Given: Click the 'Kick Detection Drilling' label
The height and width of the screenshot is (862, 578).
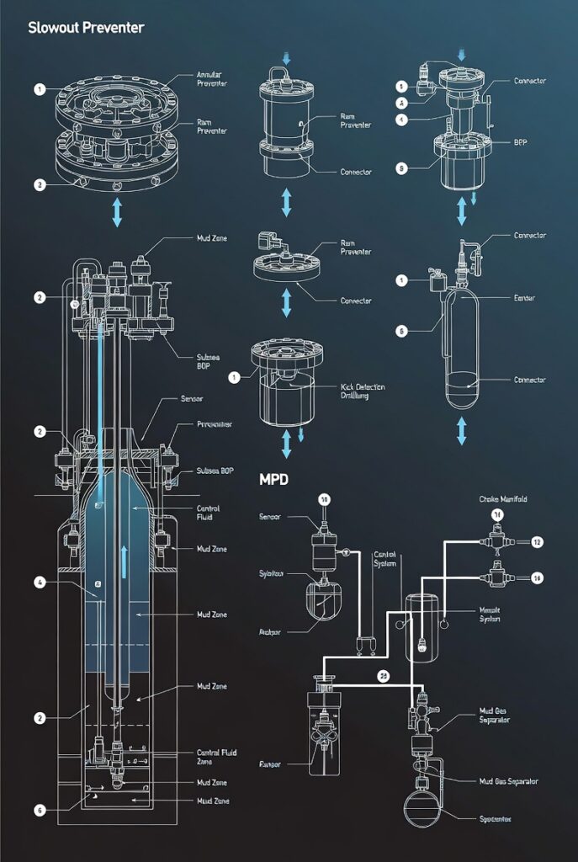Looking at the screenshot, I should pos(363,391).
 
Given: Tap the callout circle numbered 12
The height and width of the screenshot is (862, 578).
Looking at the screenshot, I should pos(537,542).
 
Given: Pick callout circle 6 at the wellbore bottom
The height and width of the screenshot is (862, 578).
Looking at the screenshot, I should pos(40,810).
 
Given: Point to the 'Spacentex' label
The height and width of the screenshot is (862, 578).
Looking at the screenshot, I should pos(487,817).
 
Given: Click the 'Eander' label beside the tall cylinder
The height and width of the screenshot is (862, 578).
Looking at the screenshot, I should pos(525,298).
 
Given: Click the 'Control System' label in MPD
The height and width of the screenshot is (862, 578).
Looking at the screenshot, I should pos(385,560).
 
